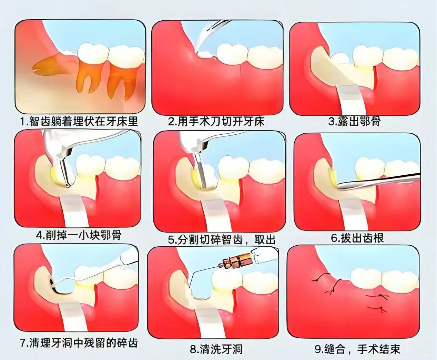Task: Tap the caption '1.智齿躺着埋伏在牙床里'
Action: [x=79, y=121]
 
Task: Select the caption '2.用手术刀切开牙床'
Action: [x=216, y=122]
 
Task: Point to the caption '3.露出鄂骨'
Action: [x=354, y=121]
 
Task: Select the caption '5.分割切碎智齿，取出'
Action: [x=222, y=240]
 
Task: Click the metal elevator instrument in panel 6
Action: [x=376, y=183]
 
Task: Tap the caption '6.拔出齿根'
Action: [x=357, y=238]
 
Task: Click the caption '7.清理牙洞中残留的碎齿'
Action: [x=79, y=343]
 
